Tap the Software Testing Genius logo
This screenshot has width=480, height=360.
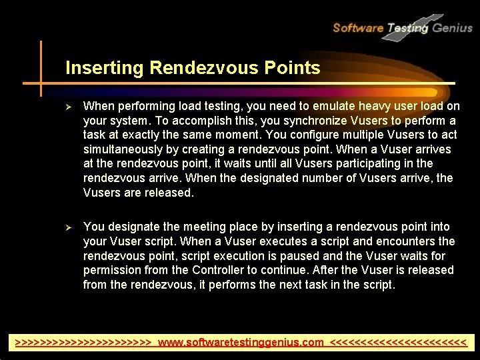point(401,27)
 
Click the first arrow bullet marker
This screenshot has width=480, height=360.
point(68,107)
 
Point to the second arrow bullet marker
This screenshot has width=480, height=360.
point(68,227)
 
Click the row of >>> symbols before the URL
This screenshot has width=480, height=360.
point(85,343)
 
